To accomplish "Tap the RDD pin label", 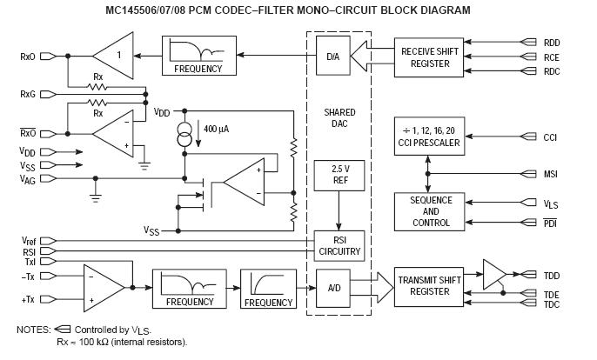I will click(x=553, y=41).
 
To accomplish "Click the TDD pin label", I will click(x=552, y=276).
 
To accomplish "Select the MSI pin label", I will click(x=552, y=174).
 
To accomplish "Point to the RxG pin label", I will click(x=28, y=92).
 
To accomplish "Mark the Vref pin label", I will click(x=27, y=240).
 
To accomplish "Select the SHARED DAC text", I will click(x=339, y=118).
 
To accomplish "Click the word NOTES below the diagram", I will click(x=33, y=330).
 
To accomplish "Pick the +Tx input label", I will click(x=27, y=299).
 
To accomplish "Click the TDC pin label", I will click(x=552, y=306).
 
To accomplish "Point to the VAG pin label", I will click(x=27, y=179).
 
